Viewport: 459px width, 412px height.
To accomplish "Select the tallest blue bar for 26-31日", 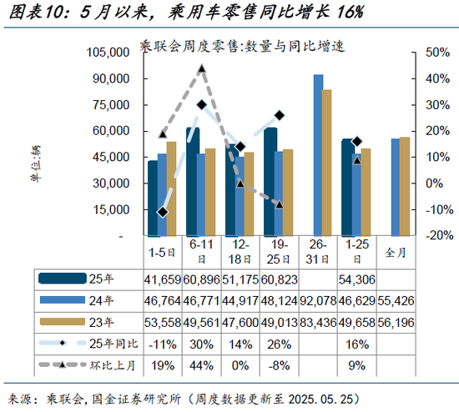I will pyautogui.click(x=319, y=155).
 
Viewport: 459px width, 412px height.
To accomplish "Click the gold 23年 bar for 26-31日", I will pyautogui.click(x=327, y=163).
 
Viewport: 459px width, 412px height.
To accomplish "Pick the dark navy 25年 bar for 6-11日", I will pyautogui.click(x=193, y=182).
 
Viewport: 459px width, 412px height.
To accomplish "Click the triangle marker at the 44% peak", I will pyautogui.click(x=201, y=68).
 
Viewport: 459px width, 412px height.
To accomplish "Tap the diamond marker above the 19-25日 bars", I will pyautogui.click(x=280, y=115).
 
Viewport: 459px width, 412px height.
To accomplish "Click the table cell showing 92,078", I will pyautogui.click(x=318, y=299).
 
